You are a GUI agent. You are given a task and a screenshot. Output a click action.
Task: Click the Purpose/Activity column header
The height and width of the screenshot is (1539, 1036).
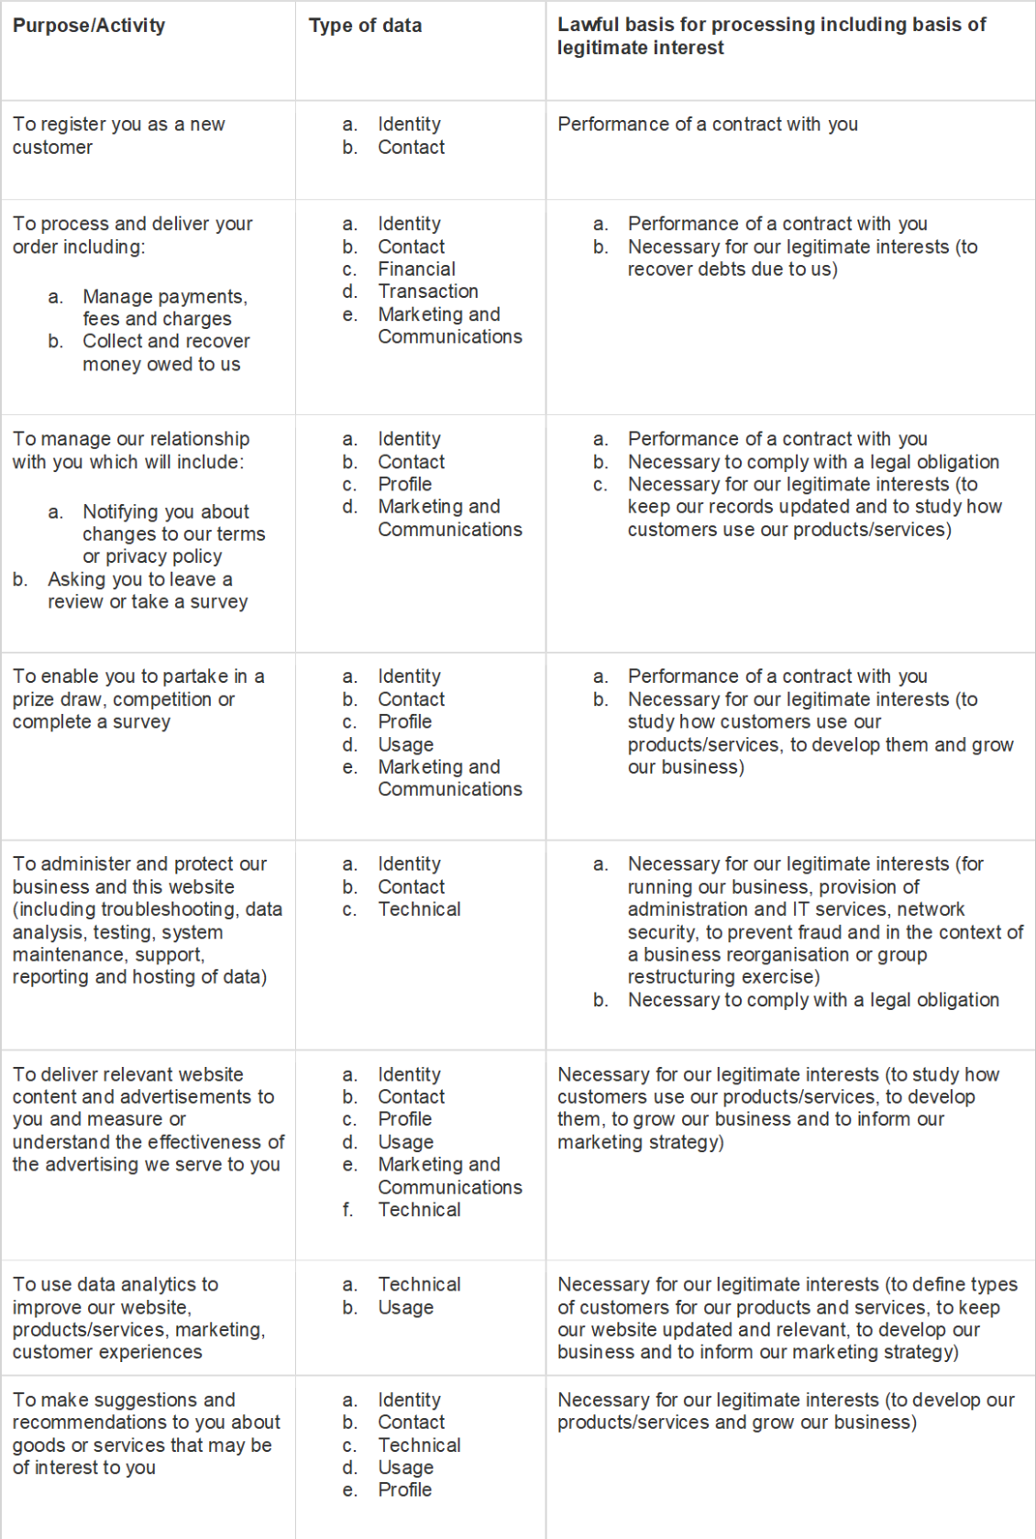tap(89, 26)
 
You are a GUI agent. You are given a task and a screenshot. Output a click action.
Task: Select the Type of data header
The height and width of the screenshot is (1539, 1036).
tap(365, 26)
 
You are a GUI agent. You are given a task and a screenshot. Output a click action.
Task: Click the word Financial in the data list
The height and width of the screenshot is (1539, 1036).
tap(416, 269)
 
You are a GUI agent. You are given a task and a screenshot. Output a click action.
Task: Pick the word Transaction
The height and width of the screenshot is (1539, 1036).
tap(427, 291)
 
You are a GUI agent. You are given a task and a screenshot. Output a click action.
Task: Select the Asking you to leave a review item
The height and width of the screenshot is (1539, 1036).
tap(147, 590)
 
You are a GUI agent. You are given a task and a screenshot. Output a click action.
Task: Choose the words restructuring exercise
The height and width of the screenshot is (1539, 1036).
tap(722, 977)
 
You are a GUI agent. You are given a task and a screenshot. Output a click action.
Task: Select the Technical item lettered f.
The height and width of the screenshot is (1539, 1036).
tap(419, 1210)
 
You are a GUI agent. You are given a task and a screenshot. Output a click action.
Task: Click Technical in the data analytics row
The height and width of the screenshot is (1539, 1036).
tap(419, 1285)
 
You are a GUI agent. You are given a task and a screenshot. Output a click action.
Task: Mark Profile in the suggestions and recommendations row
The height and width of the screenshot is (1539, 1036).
tap(404, 1490)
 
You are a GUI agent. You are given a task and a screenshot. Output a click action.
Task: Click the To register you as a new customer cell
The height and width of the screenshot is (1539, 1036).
tap(118, 136)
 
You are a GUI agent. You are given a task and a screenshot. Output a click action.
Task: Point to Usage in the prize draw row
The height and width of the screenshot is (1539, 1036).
tap(405, 744)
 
